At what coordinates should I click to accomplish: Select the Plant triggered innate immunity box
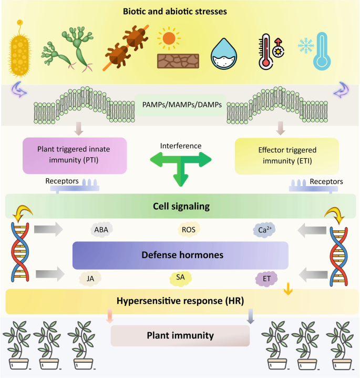(x=75, y=155)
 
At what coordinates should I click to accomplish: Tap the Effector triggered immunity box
(x=283, y=155)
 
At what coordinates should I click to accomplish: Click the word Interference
(x=180, y=146)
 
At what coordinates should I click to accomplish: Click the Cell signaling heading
(x=180, y=206)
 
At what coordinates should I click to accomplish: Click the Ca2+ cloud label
(x=265, y=229)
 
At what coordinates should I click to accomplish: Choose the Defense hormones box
(x=180, y=256)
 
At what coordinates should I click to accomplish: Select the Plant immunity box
(x=180, y=335)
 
